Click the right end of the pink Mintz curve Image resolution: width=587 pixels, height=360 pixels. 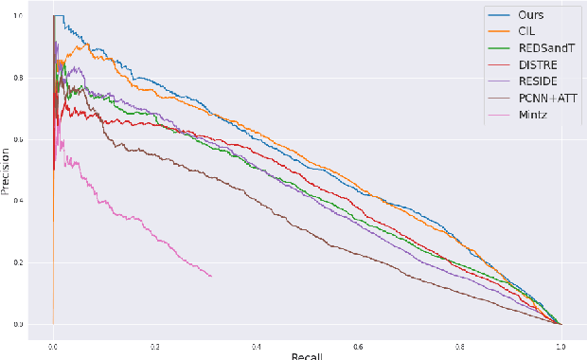tap(211, 276)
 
